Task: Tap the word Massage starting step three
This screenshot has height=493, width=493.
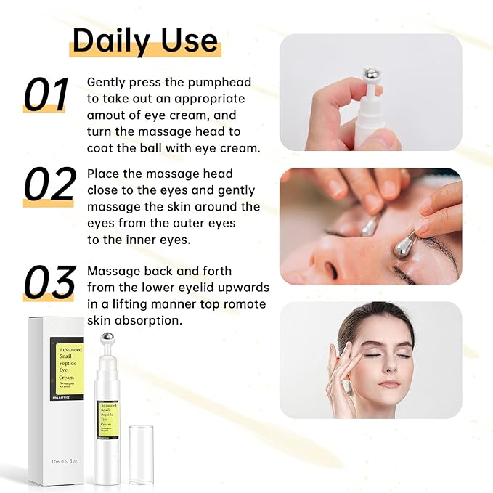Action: point(112,271)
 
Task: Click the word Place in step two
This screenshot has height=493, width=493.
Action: point(102,174)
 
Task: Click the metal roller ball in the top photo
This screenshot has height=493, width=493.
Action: point(370,76)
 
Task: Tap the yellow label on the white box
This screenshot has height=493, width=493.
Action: point(66,364)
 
